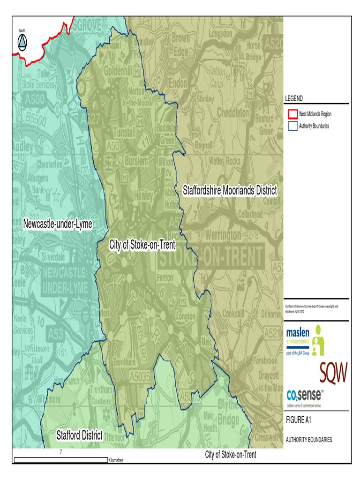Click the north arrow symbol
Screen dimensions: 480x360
[22, 43]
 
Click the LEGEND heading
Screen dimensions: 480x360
[294, 98]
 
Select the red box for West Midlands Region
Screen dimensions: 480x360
[292, 114]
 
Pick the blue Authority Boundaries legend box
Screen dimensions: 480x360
[292, 126]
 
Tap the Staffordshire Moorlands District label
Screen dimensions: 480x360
[229, 191]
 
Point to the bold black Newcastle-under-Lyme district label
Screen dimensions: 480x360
[58, 225]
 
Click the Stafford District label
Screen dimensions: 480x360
[79, 435]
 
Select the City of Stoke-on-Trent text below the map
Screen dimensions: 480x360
[231, 455]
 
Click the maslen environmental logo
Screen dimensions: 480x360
[305, 340]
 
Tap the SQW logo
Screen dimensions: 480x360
[333, 372]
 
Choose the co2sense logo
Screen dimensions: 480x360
[304, 395]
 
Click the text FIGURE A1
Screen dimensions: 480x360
[299, 420]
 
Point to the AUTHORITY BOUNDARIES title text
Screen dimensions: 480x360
[309, 440]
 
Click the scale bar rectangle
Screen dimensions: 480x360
[60, 460]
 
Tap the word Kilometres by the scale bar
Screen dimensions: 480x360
[115, 461]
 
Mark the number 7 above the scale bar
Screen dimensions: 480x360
[60, 452]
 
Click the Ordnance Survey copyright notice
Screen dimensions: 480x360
[311, 308]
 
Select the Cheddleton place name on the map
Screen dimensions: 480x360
[233, 113]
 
